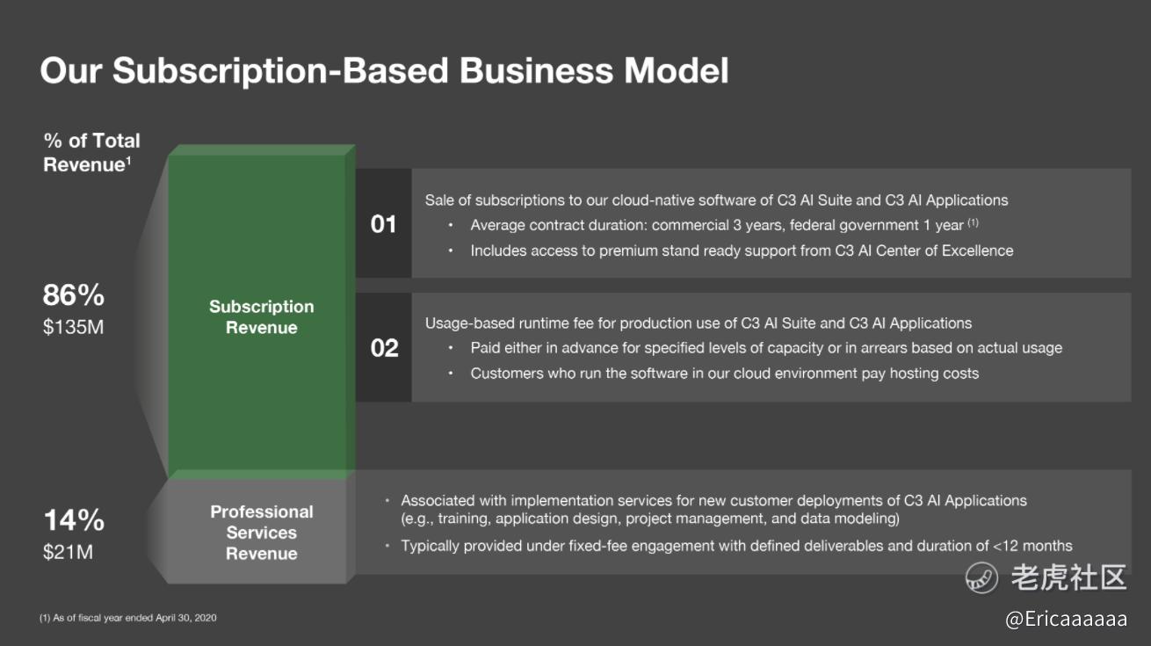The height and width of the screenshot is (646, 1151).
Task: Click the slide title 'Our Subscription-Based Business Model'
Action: (384, 70)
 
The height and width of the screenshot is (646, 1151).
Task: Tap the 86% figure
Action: (74, 295)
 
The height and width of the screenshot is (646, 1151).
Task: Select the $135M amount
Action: (74, 327)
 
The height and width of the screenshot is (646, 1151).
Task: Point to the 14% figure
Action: (74, 520)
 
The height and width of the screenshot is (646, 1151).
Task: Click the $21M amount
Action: (69, 552)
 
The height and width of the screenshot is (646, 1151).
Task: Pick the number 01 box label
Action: (383, 224)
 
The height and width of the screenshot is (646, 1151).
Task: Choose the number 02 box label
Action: (384, 348)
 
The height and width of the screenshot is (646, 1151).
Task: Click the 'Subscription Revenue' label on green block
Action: (262, 316)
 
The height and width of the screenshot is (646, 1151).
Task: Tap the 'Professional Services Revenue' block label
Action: (262, 533)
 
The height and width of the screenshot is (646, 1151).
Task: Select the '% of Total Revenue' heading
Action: (91, 153)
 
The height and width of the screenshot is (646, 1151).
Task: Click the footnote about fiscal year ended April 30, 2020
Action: (128, 618)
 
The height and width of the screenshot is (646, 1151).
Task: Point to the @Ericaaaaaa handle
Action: (1066, 619)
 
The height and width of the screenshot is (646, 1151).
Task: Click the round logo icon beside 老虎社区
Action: (981, 577)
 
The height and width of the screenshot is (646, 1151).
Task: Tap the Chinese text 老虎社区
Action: (1068, 577)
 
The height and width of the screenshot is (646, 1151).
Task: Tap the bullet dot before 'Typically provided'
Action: (387, 545)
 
